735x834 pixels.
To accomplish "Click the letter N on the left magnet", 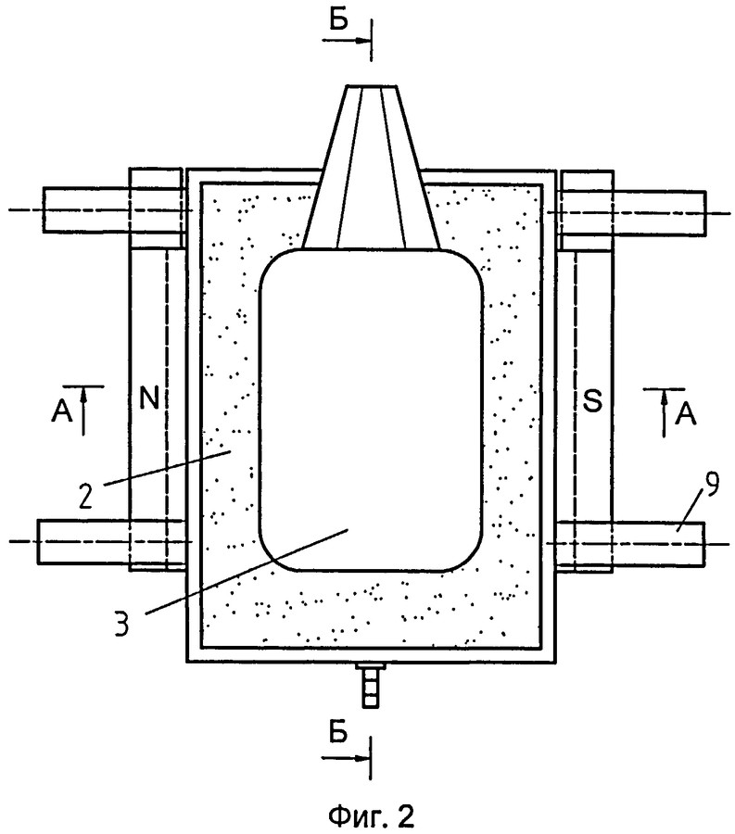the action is click(149, 397).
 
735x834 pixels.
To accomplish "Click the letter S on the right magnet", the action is click(592, 400).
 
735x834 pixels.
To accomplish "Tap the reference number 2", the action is click(86, 495).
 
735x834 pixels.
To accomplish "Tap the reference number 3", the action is click(121, 624).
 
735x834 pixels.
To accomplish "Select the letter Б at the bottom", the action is click(337, 732).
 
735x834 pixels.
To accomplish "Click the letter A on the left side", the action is click(62, 411).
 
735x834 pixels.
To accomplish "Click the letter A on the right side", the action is click(686, 413).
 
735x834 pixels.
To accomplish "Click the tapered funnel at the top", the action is click(371, 167).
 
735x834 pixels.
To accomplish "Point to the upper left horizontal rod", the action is click(113, 209).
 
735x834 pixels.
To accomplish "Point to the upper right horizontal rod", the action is click(632, 213).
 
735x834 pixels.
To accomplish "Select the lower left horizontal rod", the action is click(110, 541).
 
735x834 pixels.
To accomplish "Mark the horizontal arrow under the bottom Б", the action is click(345, 757).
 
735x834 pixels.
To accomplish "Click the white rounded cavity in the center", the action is click(371, 411).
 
